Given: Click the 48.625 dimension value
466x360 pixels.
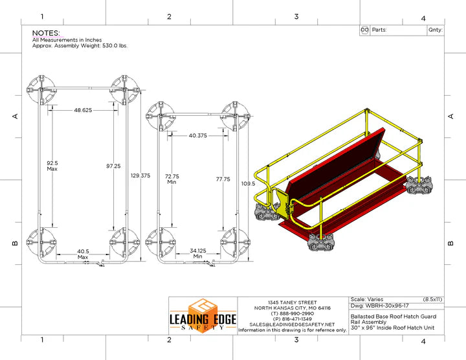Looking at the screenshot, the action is [83, 110].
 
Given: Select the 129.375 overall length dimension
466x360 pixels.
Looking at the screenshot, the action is [140, 175].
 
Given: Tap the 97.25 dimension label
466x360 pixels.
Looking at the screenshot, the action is [113, 166].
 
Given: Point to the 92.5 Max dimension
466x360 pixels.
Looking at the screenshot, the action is [52, 166].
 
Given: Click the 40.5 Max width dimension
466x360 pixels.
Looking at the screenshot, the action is [83, 254].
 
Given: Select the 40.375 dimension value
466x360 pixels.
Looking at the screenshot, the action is [198, 135].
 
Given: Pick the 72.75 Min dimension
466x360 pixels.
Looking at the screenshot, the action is [172, 179].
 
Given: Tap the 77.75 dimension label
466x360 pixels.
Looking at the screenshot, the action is [223, 179].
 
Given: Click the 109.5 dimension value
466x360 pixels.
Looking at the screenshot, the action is [248, 184].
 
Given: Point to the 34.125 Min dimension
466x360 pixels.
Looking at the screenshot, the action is [198, 254].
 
